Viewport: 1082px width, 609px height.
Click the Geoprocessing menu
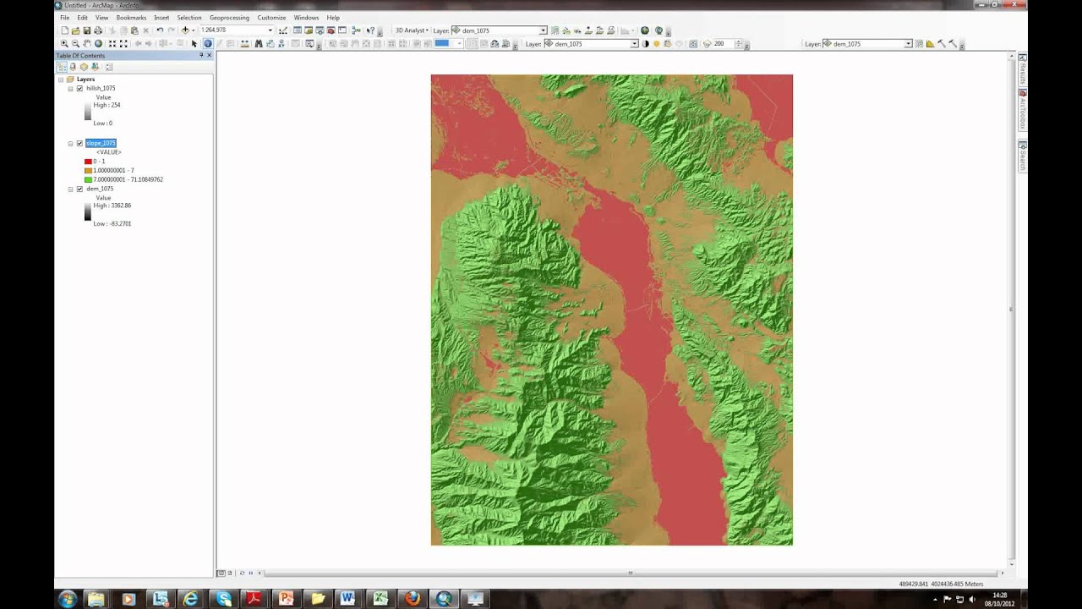pyautogui.click(x=229, y=18)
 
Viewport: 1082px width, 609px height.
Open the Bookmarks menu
pyautogui.click(x=131, y=18)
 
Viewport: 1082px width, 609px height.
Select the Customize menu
pyautogui.click(x=271, y=18)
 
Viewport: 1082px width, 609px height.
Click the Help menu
pyautogui.click(x=333, y=18)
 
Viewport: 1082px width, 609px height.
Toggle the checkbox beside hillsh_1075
pyautogui.click(x=79, y=88)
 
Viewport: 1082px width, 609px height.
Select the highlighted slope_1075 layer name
pyautogui.click(x=101, y=143)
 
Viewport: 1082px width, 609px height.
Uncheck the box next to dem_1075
pyautogui.click(x=79, y=189)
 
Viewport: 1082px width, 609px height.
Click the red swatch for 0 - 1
pyautogui.click(x=88, y=162)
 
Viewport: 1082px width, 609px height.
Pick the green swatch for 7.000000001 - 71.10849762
pyautogui.click(x=88, y=179)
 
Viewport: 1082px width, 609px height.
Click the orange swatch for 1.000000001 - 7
pyautogui.click(x=88, y=170)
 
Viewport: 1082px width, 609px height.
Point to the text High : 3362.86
pyautogui.click(x=112, y=206)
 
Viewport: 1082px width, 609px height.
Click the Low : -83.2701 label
pyautogui.click(x=112, y=224)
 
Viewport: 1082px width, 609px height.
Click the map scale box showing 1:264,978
pyautogui.click(x=232, y=30)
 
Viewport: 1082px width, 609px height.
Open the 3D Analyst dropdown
pyautogui.click(x=412, y=30)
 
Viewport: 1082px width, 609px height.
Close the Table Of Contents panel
pyautogui.click(x=210, y=56)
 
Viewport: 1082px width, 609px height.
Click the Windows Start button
pyautogui.click(x=68, y=599)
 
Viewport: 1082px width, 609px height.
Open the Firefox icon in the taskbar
pyautogui.click(x=412, y=599)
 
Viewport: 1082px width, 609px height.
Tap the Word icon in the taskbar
pyautogui.click(x=347, y=599)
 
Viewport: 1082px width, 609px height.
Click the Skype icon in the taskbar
pyautogui.click(x=223, y=599)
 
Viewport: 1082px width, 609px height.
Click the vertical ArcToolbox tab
pyautogui.click(x=1022, y=111)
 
